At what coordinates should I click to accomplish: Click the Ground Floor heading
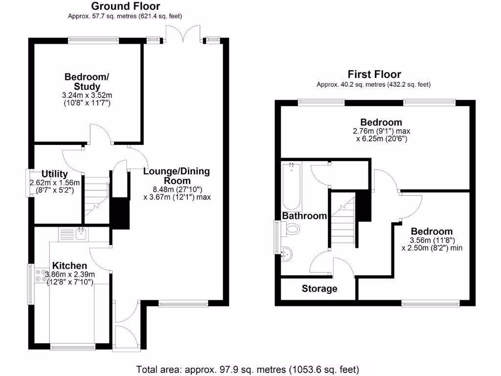click(126, 6)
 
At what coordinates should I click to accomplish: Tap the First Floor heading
click(374, 74)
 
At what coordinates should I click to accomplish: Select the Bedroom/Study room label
click(87, 82)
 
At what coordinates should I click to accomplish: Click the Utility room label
click(55, 174)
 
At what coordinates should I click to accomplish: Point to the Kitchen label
click(69, 265)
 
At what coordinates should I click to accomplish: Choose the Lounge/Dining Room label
click(177, 176)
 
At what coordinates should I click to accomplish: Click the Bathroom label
click(304, 216)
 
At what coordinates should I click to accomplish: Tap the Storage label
click(319, 288)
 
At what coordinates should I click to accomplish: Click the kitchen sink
click(81, 234)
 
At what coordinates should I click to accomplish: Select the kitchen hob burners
click(40, 276)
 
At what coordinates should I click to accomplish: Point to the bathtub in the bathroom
click(292, 187)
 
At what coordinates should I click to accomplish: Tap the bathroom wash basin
click(287, 254)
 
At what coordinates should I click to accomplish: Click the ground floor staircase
click(96, 200)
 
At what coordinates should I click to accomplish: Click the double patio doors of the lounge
click(183, 34)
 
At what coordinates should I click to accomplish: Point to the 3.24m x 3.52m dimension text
click(87, 95)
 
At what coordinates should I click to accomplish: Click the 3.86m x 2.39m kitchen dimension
click(70, 274)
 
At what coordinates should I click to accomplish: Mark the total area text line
click(248, 370)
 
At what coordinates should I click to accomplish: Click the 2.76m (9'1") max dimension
click(382, 131)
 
